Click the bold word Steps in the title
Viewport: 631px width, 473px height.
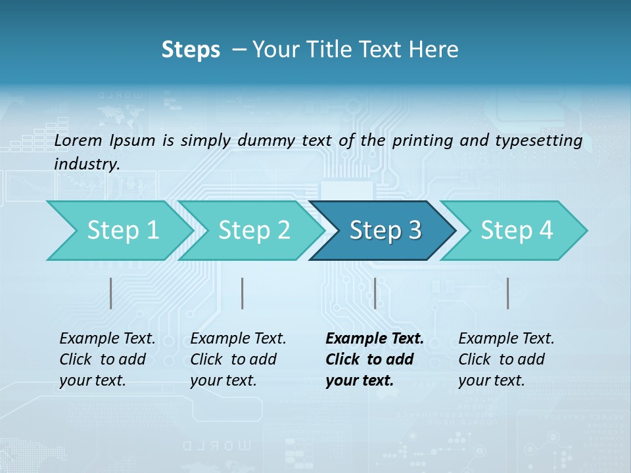191,50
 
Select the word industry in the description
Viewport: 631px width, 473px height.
86,164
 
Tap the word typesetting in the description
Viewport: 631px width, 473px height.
543,140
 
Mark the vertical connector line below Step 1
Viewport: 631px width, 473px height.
111,293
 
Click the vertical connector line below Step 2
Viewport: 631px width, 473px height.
243,293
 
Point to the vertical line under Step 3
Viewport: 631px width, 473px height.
375,293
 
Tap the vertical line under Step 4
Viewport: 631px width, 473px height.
508,293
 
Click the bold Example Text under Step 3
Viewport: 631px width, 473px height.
375,339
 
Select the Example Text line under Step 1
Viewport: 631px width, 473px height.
107,339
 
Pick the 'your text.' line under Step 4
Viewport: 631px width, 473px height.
492,380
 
